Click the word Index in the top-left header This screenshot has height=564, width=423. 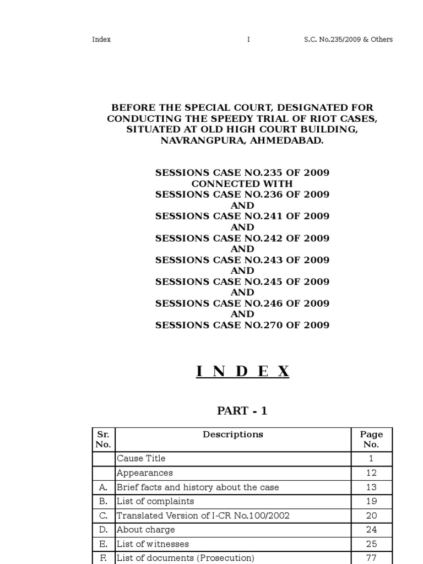coord(101,40)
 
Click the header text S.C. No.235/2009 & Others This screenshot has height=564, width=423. coord(348,40)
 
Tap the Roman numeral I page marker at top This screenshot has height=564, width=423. coord(248,40)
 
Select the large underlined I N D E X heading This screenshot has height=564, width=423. coord(242,372)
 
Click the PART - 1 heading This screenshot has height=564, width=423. coord(242,411)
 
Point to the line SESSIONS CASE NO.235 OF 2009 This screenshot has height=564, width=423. coord(242,173)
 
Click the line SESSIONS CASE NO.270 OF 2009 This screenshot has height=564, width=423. coord(242,325)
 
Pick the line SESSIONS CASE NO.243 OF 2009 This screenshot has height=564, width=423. coord(242,260)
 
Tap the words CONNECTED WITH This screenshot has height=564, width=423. coord(242,183)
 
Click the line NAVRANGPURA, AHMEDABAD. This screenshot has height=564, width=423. coord(242,140)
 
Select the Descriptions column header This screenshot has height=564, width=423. coord(233,435)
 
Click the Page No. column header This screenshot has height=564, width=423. coord(371,440)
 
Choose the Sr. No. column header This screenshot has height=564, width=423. coord(104,440)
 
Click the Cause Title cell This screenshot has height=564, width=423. coord(141,458)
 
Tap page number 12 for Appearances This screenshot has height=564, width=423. coord(371,473)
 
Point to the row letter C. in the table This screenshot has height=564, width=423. coord(104,516)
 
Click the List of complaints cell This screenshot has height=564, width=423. coord(155,501)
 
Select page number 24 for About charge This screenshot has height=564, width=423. coord(371,530)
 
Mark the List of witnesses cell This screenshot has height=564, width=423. coord(153,544)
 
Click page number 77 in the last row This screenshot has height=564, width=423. coord(371,558)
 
